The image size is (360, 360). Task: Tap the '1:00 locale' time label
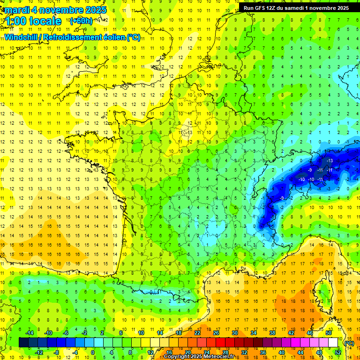(32, 21)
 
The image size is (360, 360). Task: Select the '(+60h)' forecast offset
(81, 21)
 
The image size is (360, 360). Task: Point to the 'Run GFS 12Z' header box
(296, 8)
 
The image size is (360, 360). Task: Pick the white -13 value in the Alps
(330, 161)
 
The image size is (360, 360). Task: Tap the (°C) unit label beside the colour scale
(349, 343)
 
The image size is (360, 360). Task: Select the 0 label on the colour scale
(93, 352)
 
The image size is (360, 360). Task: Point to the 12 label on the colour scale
(151, 352)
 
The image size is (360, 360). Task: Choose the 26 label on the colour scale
(216, 333)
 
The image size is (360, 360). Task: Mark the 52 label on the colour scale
(337, 352)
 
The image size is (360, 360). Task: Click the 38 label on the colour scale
(272, 333)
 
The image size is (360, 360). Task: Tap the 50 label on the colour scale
(329, 333)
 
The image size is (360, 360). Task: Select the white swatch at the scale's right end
(333, 343)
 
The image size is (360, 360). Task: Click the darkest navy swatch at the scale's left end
(23, 343)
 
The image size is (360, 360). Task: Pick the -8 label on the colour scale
(57, 352)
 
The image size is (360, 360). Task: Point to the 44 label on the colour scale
(300, 352)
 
